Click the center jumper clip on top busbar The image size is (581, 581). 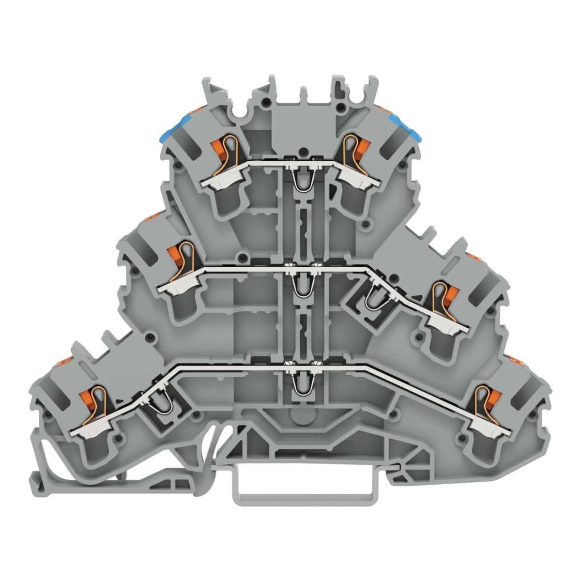[303, 180]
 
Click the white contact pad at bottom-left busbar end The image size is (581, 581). [87, 430]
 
